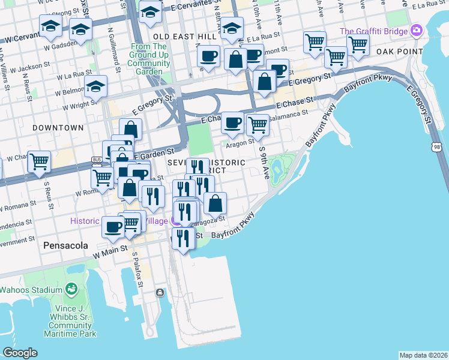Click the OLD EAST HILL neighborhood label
tap(185, 37)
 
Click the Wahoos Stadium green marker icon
tap(71, 290)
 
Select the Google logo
tap(20, 352)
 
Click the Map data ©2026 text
tap(423, 355)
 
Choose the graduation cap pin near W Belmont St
tap(95, 87)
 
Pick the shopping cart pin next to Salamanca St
tap(258, 125)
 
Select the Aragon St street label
tap(240, 143)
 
